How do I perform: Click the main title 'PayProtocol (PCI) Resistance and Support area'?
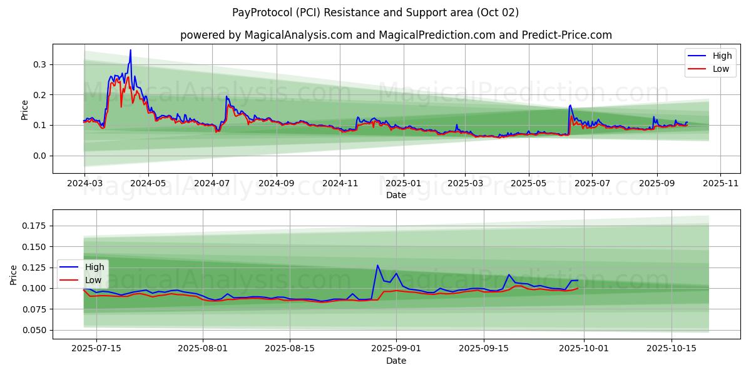[375, 12]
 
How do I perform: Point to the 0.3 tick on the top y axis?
[39, 64]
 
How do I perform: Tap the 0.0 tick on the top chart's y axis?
[39, 156]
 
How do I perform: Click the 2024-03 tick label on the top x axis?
[84, 184]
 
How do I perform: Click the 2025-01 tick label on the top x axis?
[403, 184]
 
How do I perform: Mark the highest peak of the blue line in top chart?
[130, 50]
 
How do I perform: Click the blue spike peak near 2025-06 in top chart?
[570, 105]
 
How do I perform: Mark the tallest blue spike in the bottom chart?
[377, 265]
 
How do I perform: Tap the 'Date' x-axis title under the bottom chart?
[396, 361]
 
